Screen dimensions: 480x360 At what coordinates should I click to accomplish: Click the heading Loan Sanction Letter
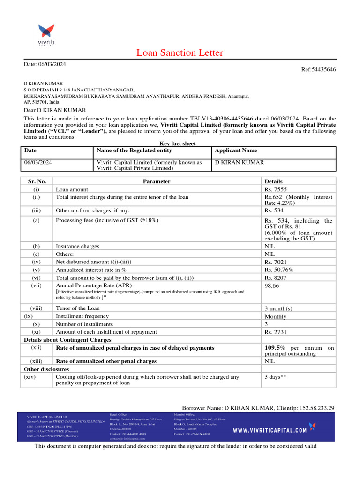pos(180,52)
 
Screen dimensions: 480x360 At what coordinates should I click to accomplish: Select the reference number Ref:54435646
pos(318,69)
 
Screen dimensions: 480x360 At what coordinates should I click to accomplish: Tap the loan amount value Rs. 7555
pos(275,189)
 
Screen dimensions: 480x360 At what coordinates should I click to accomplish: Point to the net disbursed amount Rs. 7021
pos(275,262)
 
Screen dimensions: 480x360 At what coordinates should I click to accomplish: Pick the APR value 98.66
pos(272,285)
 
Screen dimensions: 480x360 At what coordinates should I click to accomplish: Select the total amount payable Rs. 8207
pos(275,277)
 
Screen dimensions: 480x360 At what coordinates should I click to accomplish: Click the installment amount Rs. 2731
pos(276,332)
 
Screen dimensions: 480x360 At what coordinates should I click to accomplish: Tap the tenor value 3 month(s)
pos(278,308)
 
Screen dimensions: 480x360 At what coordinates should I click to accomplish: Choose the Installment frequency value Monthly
pos(276,316)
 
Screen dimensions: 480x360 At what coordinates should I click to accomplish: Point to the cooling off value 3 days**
pos(276,376)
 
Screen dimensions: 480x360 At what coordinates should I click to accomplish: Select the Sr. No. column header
pos(37,181)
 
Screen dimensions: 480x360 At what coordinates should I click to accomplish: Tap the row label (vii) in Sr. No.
pos(37,285)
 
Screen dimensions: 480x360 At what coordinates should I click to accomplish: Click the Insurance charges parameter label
pos(78,246)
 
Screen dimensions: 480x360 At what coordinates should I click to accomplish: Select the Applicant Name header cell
pos(236,150)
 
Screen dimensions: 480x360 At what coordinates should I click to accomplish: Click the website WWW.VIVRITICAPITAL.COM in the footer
pos(270,430)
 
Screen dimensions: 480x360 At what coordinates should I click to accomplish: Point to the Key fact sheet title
pos(174,143)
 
